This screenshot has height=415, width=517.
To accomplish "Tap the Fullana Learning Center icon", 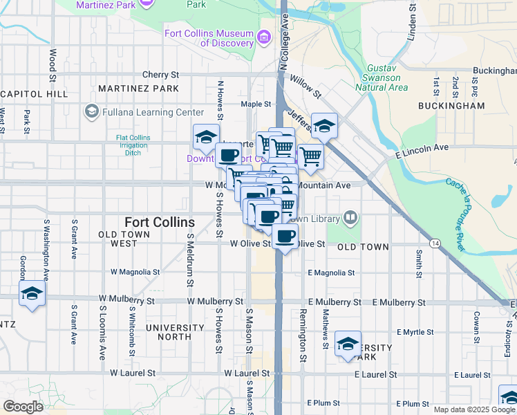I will [91, 111].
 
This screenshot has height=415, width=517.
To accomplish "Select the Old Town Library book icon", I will [350, 219].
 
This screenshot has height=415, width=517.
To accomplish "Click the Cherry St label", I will [160, 75].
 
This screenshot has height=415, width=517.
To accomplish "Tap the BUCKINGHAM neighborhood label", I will [451, 106].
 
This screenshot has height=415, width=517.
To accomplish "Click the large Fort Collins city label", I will [160, 222].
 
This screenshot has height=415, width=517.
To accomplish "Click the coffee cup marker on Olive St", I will [284, 236].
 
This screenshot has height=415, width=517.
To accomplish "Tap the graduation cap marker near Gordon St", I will [31, 293].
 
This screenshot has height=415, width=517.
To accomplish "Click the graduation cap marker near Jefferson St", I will [324, 125].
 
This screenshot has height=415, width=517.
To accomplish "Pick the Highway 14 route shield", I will [435, 243].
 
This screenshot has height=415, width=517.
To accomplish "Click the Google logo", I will [23, 407].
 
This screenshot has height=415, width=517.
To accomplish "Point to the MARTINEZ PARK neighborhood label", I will [138, 89].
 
